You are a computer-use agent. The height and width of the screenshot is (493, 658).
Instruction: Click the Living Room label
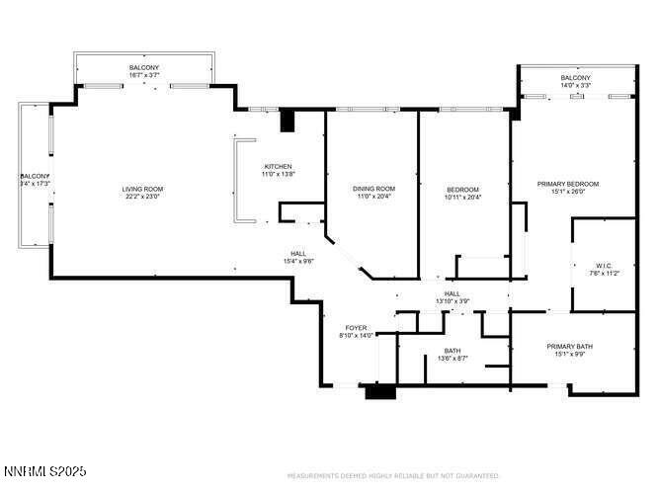pos(142,189)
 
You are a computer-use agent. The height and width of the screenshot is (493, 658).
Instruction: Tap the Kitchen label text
pos(278,166)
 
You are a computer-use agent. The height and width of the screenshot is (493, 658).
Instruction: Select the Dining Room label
pos(373,189)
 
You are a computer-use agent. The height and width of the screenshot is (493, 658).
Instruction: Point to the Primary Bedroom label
pos(567,184)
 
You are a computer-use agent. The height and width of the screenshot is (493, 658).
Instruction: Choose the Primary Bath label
pos(570,346)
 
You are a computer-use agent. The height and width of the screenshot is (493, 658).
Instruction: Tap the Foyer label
pos(356,328)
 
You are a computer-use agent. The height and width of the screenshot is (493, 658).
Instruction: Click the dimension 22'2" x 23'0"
pos(142,197)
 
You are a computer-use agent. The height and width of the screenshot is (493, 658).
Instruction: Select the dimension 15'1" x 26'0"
pos(567,192)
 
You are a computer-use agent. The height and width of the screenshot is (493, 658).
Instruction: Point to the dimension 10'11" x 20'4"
pos(462,198)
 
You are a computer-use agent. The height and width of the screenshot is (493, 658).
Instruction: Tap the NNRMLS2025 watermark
pos(44,470)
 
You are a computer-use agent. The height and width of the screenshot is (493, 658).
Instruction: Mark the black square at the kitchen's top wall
pos(288,121)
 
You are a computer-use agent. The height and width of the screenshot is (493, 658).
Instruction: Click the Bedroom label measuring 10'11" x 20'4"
pos(462,190)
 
